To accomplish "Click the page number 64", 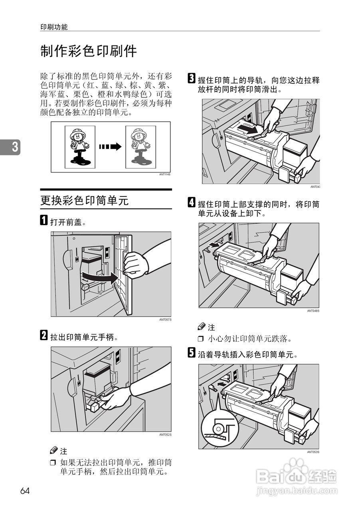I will click(25, 491).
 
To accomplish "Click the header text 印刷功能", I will click(54, 27).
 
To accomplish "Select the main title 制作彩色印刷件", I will click(89, 51).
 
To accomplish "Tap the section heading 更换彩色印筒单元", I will click(84, 200).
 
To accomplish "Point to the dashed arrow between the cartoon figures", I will click(110, 147).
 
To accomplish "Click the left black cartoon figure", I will click(80, 147).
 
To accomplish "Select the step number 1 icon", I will click(44, 221).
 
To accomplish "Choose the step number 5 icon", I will click(192, 353).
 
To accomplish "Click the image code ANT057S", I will click(165, 320).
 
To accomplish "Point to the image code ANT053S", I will click(313, 452).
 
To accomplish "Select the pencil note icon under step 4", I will click(202, 327).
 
